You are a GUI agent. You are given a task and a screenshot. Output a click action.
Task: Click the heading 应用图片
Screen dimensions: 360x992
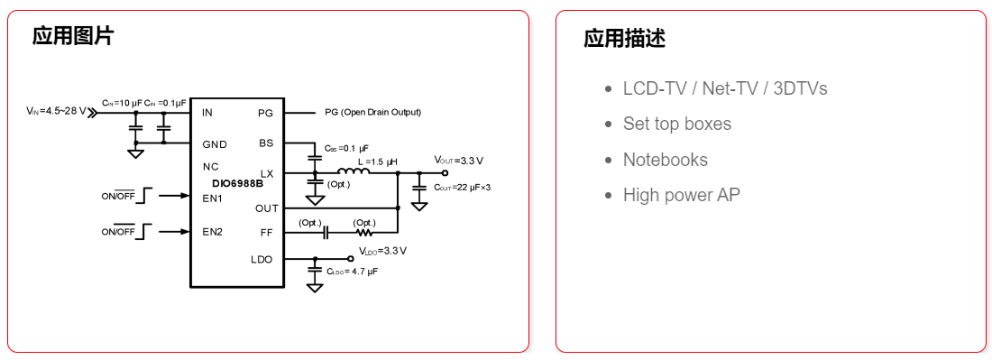click(73, 36)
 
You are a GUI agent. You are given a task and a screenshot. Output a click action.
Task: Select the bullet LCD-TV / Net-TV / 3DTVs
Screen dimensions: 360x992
click(725, 88)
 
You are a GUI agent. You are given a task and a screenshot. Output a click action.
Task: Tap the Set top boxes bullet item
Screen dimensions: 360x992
click(676, 124)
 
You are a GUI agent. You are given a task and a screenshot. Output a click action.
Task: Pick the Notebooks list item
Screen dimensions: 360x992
click(665, 160)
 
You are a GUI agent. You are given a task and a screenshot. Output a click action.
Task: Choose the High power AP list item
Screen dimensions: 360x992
click(681, 195)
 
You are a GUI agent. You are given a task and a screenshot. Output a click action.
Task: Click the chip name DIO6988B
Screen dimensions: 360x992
click(232, 183)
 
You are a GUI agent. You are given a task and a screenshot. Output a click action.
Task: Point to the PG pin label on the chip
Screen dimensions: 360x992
click(265, 114)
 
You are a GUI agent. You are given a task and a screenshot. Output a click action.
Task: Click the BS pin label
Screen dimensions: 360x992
click(266, 143)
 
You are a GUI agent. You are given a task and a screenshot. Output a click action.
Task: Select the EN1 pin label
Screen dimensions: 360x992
click(212, 198)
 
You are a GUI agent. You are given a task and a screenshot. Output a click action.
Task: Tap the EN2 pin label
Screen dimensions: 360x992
click(212, 232)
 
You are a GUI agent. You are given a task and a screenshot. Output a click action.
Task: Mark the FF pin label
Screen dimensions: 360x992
click(266, 232)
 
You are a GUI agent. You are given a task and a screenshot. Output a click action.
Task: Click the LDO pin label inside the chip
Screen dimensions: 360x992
click(262, 260)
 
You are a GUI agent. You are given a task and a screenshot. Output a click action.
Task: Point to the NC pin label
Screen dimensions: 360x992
click(210, 167)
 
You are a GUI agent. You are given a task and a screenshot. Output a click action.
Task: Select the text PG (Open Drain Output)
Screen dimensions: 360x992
click(372, 113)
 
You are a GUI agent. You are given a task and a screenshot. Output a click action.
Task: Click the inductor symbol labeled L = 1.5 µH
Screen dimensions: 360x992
click(354, 171)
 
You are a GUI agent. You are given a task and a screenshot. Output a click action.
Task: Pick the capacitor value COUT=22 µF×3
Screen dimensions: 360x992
click(462, 188)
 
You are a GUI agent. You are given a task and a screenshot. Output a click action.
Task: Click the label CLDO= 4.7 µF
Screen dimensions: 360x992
click(352, 271)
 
